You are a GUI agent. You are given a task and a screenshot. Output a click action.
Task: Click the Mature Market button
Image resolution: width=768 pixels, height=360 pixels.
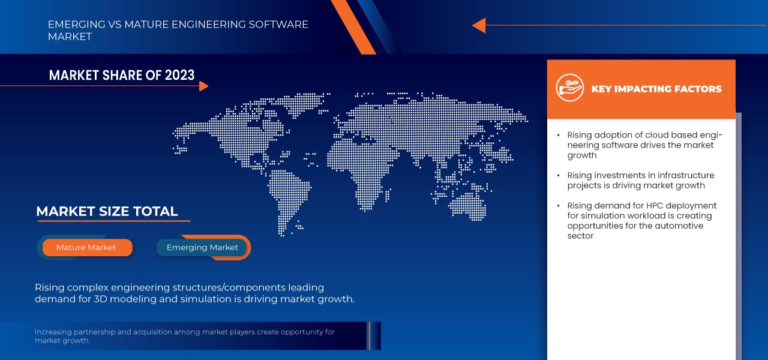[x=86, y=247]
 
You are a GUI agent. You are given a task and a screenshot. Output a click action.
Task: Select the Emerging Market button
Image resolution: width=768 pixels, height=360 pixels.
[x=202, y=247]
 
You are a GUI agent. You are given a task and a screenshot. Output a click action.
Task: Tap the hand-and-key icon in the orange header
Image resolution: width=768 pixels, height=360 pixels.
[x=569, y=88]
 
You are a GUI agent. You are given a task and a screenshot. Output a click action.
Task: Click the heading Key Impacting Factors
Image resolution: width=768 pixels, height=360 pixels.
[x=656, y=89]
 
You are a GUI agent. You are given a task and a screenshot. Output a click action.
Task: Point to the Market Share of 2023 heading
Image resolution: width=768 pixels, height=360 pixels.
[x=122, y=75]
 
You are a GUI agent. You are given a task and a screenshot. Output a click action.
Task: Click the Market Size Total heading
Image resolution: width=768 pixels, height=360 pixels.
[x=107, y=211]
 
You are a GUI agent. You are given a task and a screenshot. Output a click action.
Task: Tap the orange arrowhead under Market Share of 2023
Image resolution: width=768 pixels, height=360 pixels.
[x=203, y=86]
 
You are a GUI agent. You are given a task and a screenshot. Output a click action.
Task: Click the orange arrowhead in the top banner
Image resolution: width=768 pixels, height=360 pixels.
[x=478, y=25]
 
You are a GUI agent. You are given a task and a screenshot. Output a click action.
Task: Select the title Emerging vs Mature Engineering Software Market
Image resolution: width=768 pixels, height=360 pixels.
[x=178, y=31]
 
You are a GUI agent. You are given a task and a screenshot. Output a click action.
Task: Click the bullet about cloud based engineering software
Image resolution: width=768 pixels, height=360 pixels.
[x=644, y=145]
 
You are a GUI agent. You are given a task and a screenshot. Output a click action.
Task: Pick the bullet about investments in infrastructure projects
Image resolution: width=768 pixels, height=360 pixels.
[x=640, y=181]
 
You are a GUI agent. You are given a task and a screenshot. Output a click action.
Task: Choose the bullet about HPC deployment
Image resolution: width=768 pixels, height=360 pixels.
[x=641, y=220]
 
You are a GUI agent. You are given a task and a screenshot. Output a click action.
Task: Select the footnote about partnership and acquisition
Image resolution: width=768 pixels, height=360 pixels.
[x=184, y=336]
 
